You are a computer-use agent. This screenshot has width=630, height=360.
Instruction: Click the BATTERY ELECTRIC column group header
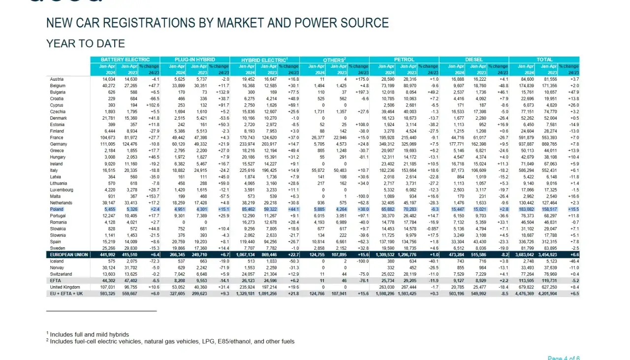coord(125,60)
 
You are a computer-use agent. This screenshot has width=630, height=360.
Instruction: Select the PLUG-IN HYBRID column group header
coord(194,60)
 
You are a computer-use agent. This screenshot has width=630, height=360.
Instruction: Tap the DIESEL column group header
coord(473,60)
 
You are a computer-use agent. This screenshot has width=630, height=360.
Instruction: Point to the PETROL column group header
coord(404,60)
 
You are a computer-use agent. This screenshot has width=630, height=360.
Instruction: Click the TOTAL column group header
coord(544,60)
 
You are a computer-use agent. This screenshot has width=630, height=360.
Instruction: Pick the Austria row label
coord(57,79)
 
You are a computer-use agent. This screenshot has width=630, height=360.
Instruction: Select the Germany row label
coord(59,143)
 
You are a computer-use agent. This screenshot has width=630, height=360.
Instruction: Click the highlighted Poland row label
coord(57,209)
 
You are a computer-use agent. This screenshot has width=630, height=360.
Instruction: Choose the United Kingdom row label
coord(65,287)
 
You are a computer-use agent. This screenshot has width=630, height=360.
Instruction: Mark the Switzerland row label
coord(61,274)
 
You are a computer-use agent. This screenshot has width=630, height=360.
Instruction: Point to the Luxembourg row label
coord(62,189)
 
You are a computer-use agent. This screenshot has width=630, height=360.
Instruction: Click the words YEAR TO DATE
coord(86,44)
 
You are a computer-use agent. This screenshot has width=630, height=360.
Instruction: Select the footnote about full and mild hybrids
coord(89,334)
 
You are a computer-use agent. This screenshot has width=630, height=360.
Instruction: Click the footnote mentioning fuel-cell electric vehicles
coord(172,341)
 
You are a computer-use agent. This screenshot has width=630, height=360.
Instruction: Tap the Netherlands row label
coord(61,202)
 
